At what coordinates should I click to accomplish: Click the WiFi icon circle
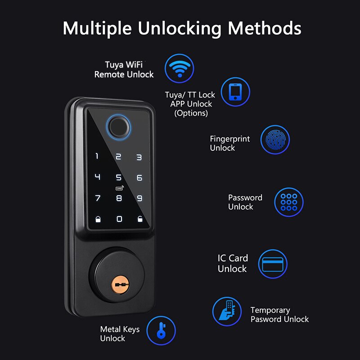179,68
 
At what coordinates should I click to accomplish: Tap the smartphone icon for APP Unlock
235,92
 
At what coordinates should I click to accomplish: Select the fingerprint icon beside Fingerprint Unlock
275,139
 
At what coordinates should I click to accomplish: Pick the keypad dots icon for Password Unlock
289,202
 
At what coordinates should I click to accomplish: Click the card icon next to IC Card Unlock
273,264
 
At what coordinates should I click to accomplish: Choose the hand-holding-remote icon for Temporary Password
227,311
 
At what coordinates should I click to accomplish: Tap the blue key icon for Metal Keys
161,330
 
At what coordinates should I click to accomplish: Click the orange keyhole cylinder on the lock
120,285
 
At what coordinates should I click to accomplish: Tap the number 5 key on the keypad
118,177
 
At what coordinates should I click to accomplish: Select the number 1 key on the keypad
97,156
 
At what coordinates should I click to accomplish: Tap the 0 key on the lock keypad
119,219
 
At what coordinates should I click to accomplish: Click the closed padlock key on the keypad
98,219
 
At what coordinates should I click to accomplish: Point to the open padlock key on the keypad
140,219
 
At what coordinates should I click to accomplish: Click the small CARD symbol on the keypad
119,188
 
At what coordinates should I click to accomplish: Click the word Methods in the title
265,28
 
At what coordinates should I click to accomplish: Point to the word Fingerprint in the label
230,139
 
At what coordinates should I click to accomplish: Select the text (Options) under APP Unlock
191,113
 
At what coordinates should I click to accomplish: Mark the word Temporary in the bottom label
270,310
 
